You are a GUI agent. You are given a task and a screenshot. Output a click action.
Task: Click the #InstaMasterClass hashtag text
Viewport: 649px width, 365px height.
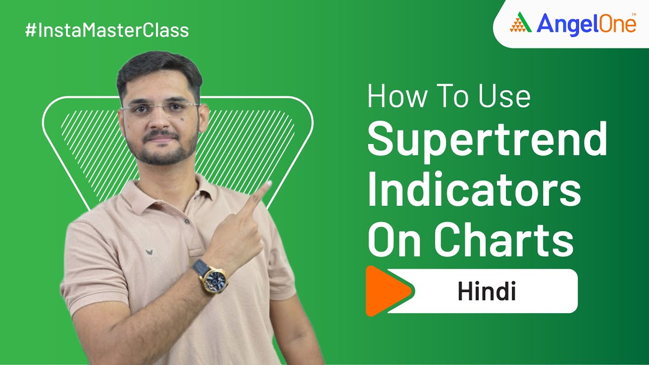click(x=107, y=30)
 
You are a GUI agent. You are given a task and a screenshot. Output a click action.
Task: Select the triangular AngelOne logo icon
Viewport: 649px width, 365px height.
click(x=520, y=24)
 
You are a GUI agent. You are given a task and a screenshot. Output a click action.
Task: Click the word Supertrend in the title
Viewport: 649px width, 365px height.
click(x=487, y=142)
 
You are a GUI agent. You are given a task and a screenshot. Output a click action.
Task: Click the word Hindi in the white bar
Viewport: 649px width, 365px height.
click(x=486, y=292)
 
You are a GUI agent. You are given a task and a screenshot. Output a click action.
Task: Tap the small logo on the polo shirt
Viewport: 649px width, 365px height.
click(x=150, y=251)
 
